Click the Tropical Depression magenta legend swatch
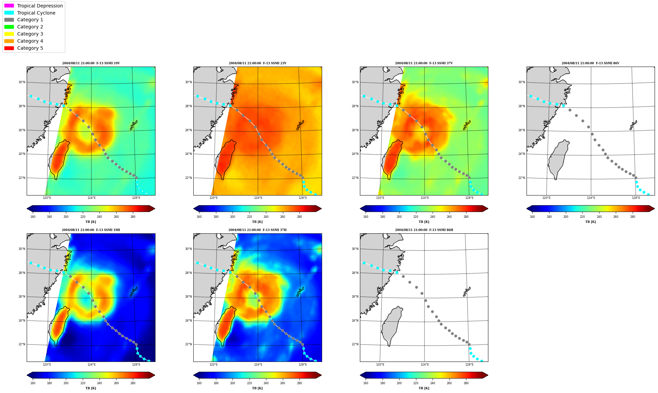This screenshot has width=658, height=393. coord(9,6)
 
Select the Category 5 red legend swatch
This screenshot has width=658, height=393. coord(9,48)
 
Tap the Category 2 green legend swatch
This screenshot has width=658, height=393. coord(9,27)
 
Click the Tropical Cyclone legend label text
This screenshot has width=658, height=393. coord(36,13)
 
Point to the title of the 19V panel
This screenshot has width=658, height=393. coord(91,63)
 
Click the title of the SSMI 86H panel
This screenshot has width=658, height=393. coord(424,230)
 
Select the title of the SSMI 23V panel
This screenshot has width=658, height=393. coord(258,63)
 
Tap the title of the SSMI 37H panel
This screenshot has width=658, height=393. coord(258,230)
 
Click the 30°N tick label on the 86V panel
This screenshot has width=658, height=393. coord(522,82)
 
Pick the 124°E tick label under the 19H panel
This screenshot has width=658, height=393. coord(92,365)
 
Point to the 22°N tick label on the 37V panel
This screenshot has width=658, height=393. coord(355,178)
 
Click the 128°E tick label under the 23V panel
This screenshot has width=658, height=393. coord(303,198)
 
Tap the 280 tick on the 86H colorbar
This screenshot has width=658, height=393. coord(466,383)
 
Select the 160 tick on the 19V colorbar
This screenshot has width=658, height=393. coord(33,217)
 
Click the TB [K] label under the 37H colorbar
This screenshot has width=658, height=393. coord(257,388)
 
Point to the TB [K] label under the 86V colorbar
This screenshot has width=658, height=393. coord(590,222)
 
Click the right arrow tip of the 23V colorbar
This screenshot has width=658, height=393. coord(321,209)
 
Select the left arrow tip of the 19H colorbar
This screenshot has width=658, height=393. coord(27,375)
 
